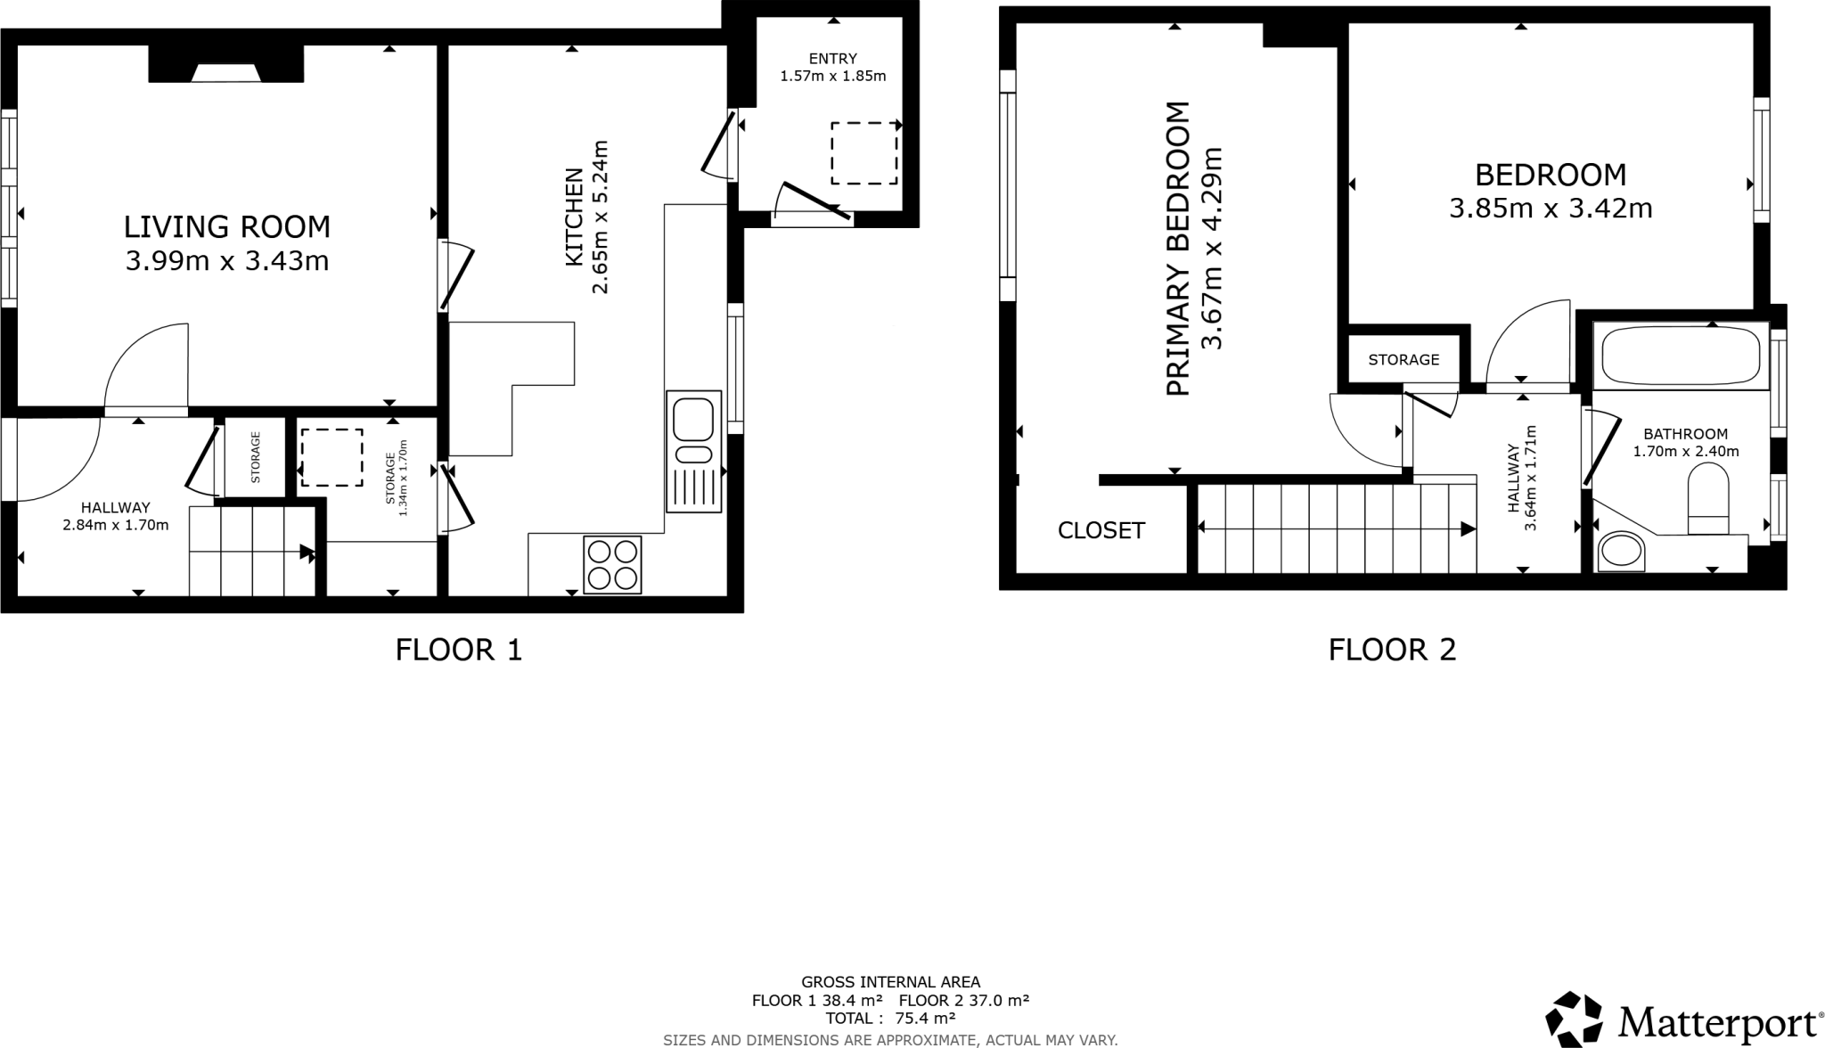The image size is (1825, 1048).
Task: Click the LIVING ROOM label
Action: pyautogui.click(x=226, y=227)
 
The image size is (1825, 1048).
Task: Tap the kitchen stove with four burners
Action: pyautogui.click(x=612, y=565)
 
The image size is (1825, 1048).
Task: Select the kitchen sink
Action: pyautogui.click(x=693, y=420)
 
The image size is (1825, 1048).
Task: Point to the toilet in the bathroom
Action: pyautogui.click(x=1707, y=504)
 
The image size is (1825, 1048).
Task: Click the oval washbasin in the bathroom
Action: pyautogui.click(x=1620, y=552)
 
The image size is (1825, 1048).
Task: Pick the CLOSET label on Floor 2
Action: pyautogui.click(x=1101, y=531)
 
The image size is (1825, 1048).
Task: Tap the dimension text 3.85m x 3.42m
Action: pyautogui.click(x=1551, y=209)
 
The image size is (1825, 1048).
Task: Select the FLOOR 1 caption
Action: pyautogui.click(x=458, y=650)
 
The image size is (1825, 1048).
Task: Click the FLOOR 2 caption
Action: pyautogui.click(x=1392, y=650)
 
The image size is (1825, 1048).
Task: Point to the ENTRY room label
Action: pyautogui.click(x=832, y=59)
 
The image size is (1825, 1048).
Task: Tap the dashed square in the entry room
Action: pyautogui.click(x=864, y=153)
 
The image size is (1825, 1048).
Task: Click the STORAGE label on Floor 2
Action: pyautogui.click(x=1404, y=360)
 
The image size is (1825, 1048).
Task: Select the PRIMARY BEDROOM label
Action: pyautogui.click(x=1177, y=250)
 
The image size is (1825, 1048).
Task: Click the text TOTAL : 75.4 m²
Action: pyautogui.click(x=890, y=1018)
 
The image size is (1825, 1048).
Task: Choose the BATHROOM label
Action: pyautogui.click(x=1685, y=434)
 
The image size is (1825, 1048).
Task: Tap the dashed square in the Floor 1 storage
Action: pyautogui.click(x=331, y=458)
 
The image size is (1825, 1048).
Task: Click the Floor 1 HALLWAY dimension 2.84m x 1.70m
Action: pyautogui.click(x=115, y=525)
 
